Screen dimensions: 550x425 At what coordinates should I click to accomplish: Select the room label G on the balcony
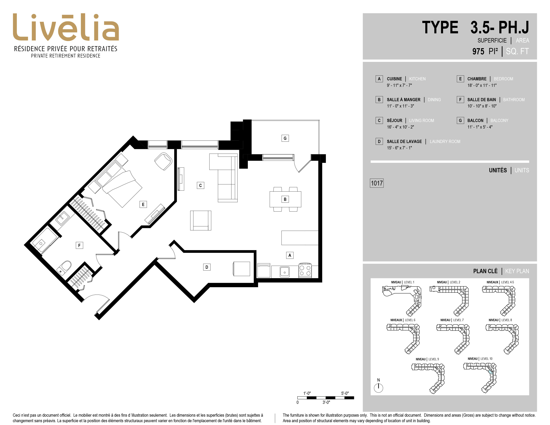[x=285, y=138]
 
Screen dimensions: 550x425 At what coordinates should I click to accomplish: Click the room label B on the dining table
[x=285, y=199]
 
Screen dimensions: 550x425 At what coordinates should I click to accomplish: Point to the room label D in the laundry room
[x=207, y=267]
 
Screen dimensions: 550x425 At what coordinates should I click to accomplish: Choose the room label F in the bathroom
[x=79, y=245]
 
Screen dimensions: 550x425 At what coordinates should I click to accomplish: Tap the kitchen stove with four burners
[x=305, y=270]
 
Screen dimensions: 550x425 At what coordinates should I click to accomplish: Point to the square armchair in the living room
[x=200, y=220]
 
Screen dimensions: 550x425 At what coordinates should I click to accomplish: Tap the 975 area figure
[x=478, y=51]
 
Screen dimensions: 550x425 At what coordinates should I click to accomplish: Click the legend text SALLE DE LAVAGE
[x=404, y=141]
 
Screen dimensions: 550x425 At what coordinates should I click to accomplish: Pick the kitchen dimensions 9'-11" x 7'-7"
[x=399, y=85]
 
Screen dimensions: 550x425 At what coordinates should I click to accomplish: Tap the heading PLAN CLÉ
[x=485, y=271]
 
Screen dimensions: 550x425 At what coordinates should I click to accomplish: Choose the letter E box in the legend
[x=460, y=79]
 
